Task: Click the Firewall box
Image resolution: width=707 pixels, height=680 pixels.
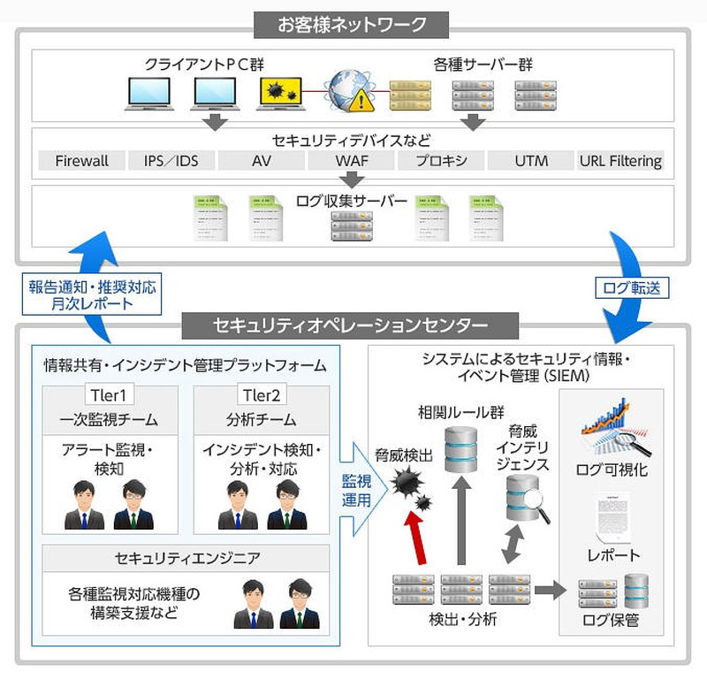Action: click(x=81, y=161)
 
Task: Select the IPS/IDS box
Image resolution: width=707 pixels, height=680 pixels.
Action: click(x=171, y=161)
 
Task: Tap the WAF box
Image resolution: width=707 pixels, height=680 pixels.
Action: click(x=351, y=161)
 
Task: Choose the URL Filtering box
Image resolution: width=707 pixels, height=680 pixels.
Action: click(x=620, y=161)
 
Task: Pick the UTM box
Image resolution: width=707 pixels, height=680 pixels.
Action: click(x=530, y=161)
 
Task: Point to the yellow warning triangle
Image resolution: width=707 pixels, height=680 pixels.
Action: click(x=361, y=102)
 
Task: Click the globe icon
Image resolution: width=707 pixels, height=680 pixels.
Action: click(x=347, y=89)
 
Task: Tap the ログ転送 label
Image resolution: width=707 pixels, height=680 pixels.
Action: click(x=631, y=287)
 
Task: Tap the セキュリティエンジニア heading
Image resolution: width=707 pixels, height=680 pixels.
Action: click(x=185, y=557)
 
